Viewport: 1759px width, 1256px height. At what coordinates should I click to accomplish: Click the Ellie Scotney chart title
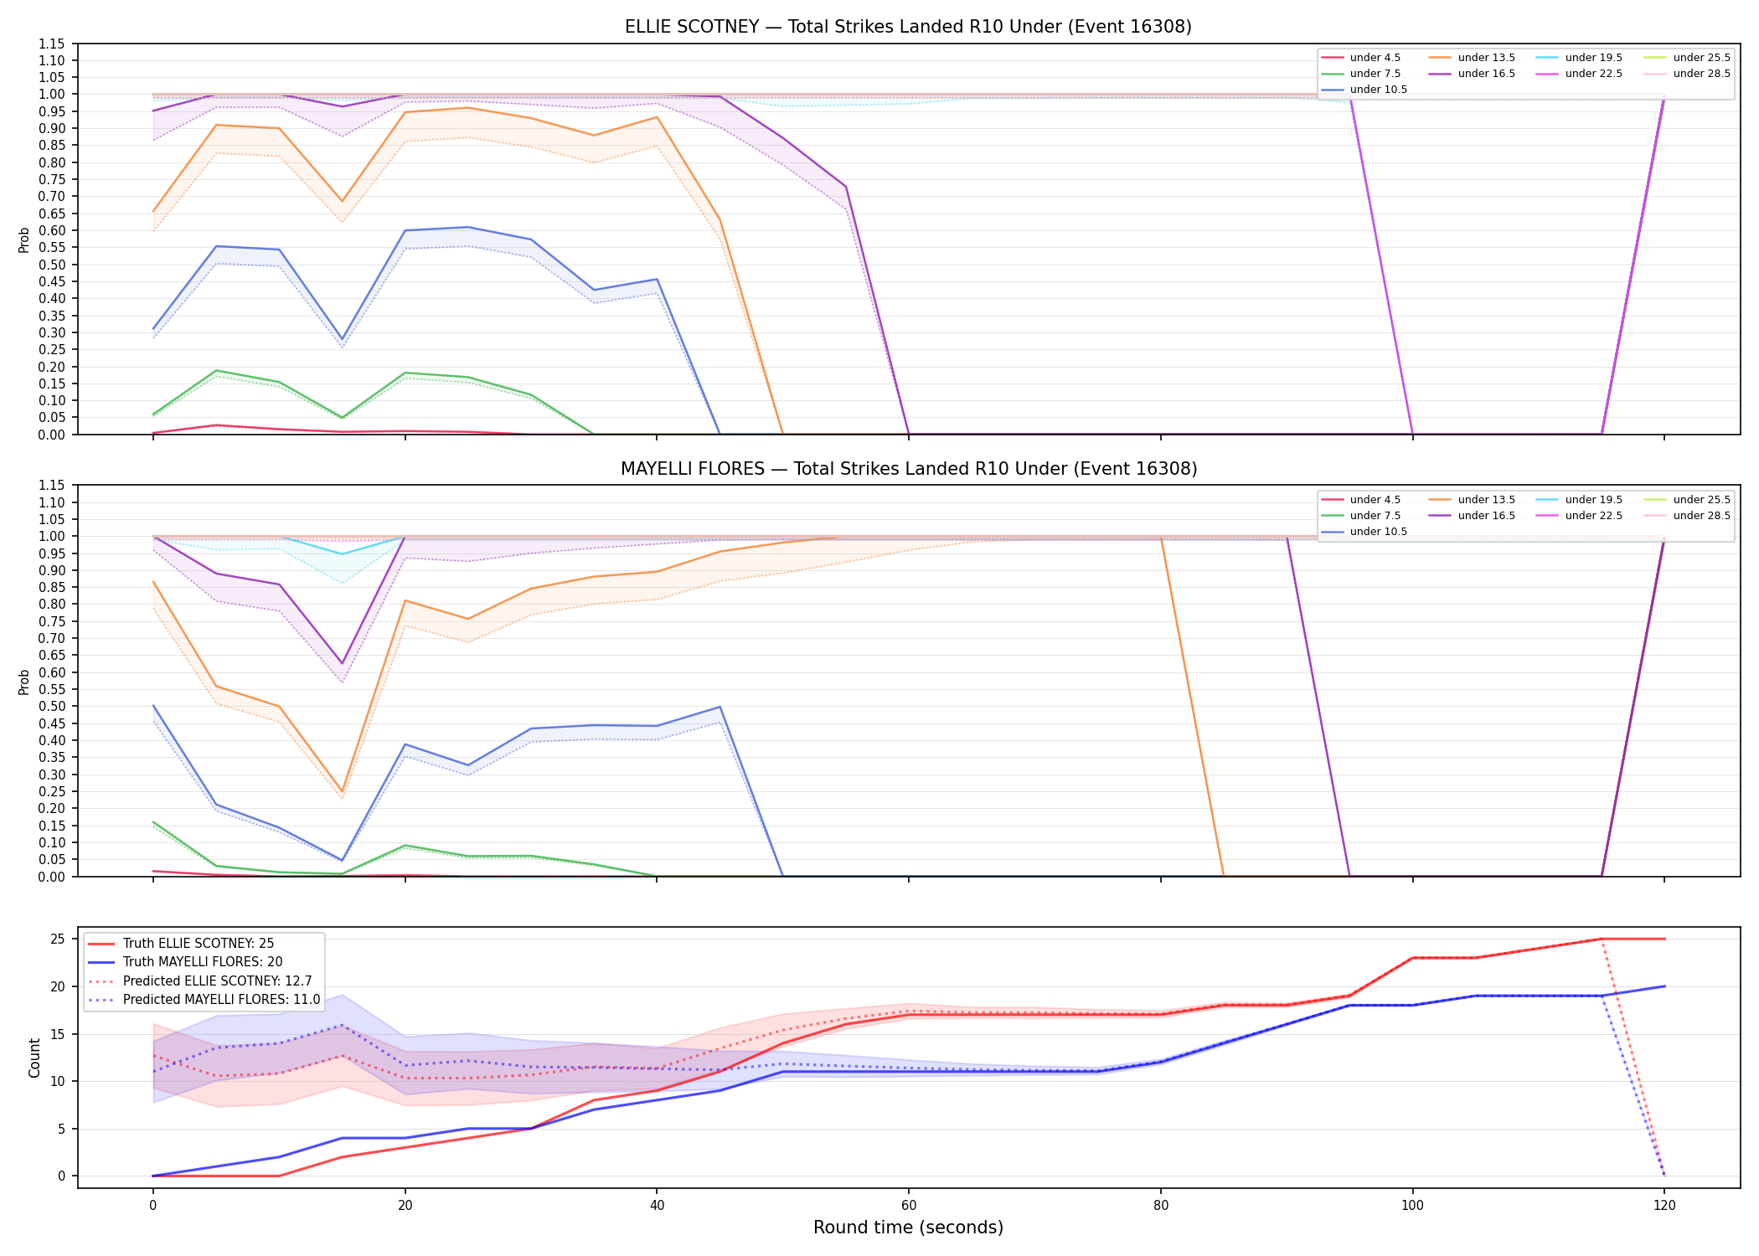(x=908, y=27)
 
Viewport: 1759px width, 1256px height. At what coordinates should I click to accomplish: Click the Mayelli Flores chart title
(x=909, y=469)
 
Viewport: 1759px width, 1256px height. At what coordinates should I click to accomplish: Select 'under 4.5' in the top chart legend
(x=1375, y=58)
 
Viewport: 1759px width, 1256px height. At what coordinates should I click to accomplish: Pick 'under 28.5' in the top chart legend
(x=1701, y=74)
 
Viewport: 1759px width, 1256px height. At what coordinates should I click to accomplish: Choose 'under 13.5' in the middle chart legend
(x=1486, y=500)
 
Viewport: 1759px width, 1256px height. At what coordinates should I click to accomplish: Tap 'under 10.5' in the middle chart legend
(x=1378, y=532)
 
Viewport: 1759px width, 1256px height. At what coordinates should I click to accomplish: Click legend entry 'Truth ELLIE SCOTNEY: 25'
(x=199, y=944)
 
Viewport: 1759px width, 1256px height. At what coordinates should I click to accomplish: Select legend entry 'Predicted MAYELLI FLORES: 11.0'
(x=222, y=1000)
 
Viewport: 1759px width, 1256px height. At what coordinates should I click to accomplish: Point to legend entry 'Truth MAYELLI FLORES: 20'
(x=203, y=962)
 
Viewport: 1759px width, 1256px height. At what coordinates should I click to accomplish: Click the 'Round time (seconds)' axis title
(x=908, y=1228)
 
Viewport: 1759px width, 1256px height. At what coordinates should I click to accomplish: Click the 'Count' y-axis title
(x=34, y=1058)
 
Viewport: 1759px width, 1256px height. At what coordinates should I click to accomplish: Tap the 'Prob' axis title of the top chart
(x=24, y=240)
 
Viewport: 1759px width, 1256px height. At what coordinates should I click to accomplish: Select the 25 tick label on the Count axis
(x=57, y=939)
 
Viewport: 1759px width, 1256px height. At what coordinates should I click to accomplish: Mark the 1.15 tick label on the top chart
(x=52, y=44)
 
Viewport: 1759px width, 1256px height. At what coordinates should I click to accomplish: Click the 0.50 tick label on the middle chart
(x=52, y=707)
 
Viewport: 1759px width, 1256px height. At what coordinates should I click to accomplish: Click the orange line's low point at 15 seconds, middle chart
(x=342, y=791)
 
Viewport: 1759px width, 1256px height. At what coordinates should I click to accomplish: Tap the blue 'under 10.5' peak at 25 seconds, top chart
(x=468, y=227)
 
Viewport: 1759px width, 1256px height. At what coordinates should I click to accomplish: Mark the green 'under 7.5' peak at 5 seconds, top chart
(x=216, y=371)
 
